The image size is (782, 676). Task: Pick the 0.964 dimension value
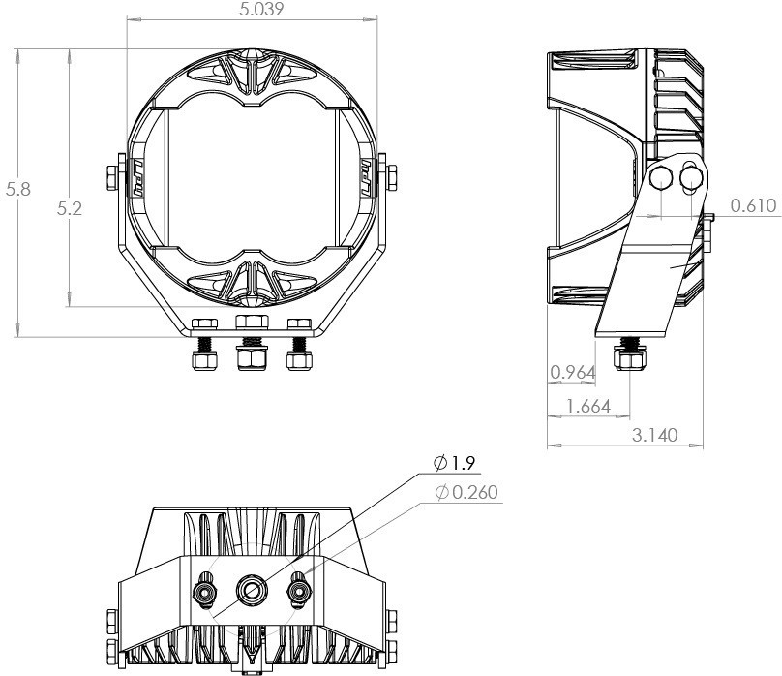(x=570, y=372)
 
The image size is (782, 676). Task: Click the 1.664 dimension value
(x=587, y=406)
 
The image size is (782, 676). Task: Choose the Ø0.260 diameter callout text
(x=467, y=493)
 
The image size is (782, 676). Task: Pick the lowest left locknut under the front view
(x=203, y=359)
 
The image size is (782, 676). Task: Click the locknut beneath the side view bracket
(x=631, y=361)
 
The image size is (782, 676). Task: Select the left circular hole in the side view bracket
(x=661, y=177)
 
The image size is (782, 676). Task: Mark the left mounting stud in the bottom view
(x=205, y=588)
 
